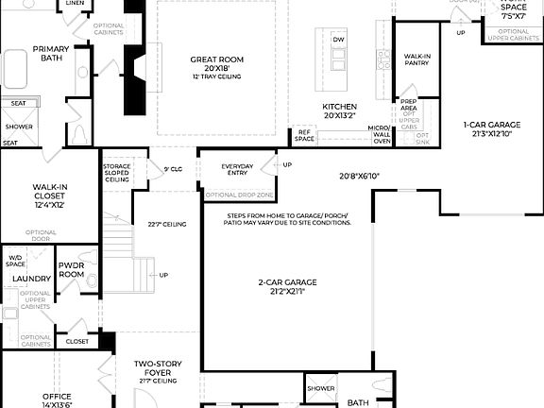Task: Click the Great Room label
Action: coord(216,60)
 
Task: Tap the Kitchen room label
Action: coord(339,107)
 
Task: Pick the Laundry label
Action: coord(31,279)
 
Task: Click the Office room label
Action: coord(57,397)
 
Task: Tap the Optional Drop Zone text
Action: coord(240,195)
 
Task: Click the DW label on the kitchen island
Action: coord(339,40)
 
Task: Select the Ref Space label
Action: coord(304,135)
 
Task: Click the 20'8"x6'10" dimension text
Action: coord(359,177)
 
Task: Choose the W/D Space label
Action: coord(16,261)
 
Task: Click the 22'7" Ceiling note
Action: coord(166,224)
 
